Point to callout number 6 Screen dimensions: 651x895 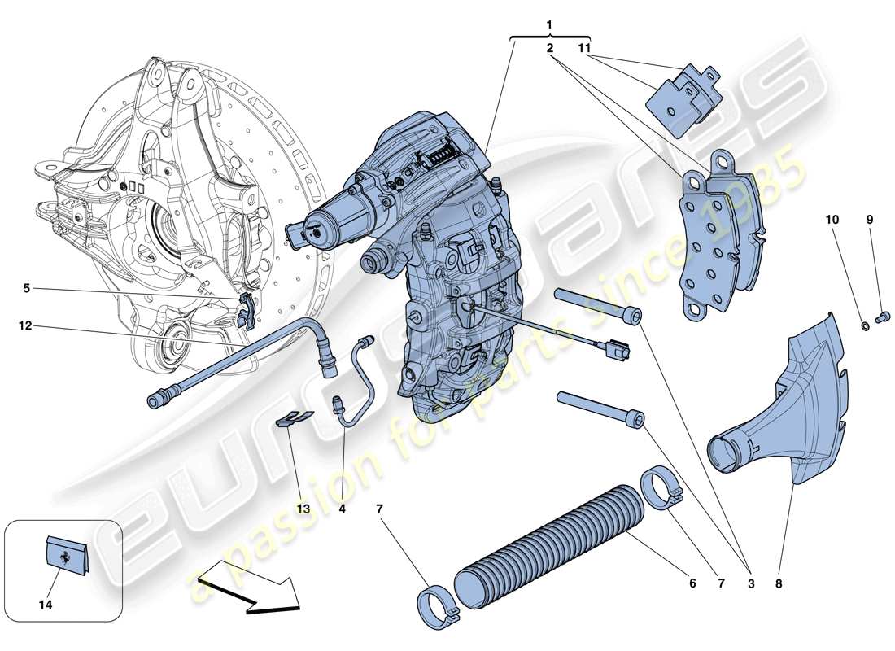693,583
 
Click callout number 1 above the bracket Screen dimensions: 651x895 549,26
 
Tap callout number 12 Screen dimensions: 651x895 26,325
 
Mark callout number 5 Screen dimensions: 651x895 26,287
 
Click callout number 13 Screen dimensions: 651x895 303,509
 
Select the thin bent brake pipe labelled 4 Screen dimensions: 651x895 356,382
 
